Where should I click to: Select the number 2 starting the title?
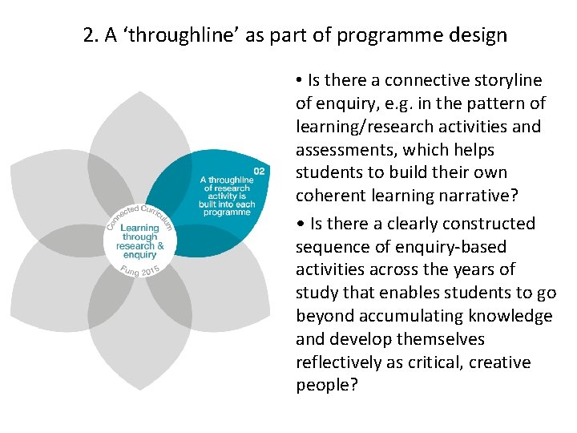coord(88,35)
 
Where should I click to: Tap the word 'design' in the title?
coord(478,35)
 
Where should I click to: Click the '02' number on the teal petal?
coord(259,171)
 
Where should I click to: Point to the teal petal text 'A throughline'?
coord(227,180)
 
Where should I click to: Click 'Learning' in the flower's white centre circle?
coord(139,229)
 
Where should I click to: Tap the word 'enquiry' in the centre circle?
coord(139,254)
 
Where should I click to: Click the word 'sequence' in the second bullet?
coord(329,247)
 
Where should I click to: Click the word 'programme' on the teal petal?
coord(226,212)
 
